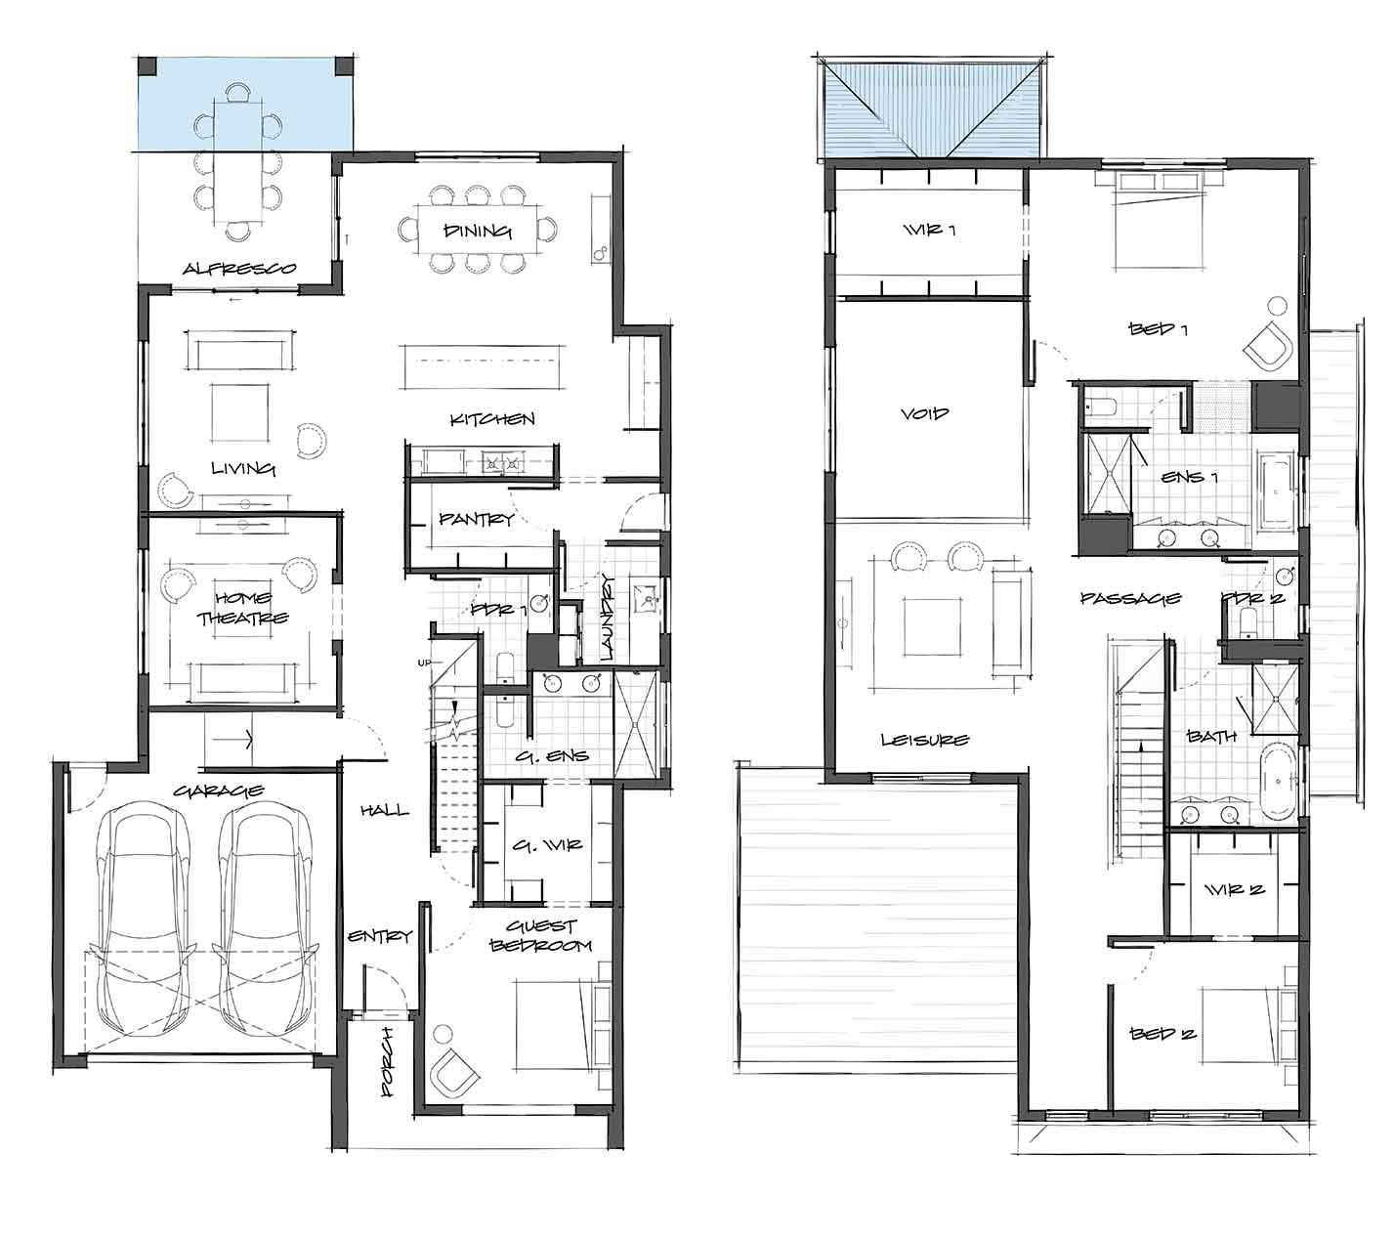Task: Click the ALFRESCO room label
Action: tap(239, 268)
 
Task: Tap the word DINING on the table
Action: tap(478, 231)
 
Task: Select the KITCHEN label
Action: tap(491, 419)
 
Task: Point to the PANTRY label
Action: tap(477, 518)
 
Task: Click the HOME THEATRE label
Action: tap(242, 609)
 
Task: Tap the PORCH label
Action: tap(386, 1061)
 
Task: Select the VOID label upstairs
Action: tap(925, 413)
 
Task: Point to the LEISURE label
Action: tap(925, 740)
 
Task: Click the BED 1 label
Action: tap(1159, 328)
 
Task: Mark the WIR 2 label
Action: tap(1234, 889)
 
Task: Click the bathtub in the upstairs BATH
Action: tap(1279, 782)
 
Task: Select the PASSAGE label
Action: tap(1130, 598)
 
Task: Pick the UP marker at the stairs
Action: tap(424, 663)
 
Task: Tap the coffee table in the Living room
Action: tap(239, 412)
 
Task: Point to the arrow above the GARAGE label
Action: tap(230, 740)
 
